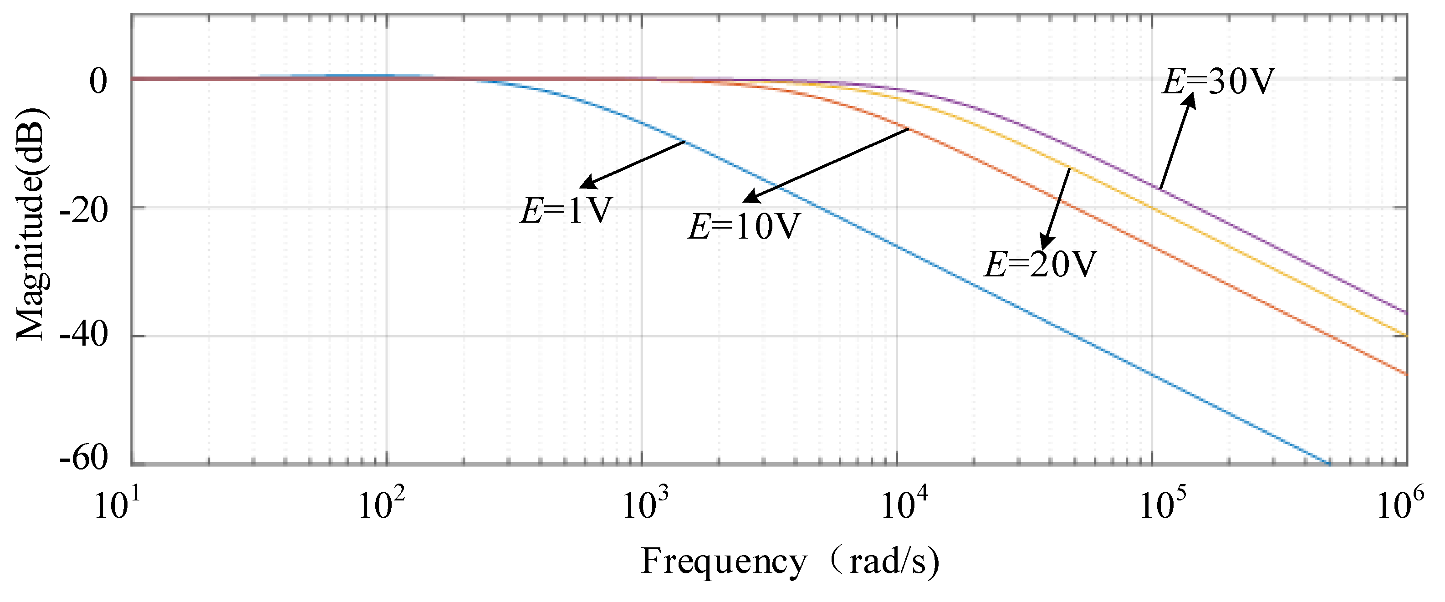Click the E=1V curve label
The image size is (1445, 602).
point(566,211)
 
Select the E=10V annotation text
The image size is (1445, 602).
point(743,227)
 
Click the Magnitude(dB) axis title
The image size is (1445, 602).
point(31,224)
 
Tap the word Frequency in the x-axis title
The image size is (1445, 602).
point(724,561)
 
